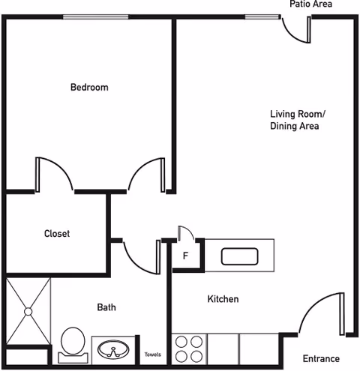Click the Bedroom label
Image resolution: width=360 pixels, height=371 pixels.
tap(89, 87)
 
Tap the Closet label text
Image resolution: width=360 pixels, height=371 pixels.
tap(57, 234)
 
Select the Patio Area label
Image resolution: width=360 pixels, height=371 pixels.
tap(310, 4)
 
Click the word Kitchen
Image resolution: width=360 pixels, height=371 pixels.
tap(223, 299)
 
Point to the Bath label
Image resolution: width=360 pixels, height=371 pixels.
tap(106, 307)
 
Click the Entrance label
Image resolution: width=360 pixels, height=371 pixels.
tap(321, 358)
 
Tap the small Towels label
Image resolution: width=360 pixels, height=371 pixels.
tap(152, 355)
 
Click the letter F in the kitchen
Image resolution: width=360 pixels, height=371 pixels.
tap(184, 256)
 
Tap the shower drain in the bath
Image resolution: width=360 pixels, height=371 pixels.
tap(28, 310)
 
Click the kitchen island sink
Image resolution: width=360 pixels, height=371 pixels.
tap(241, 256)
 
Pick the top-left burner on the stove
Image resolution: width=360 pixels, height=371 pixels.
tap(181, 341)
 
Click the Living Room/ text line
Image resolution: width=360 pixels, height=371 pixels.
tap(298, 114)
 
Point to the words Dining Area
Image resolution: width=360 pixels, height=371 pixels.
tap(295, 127)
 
